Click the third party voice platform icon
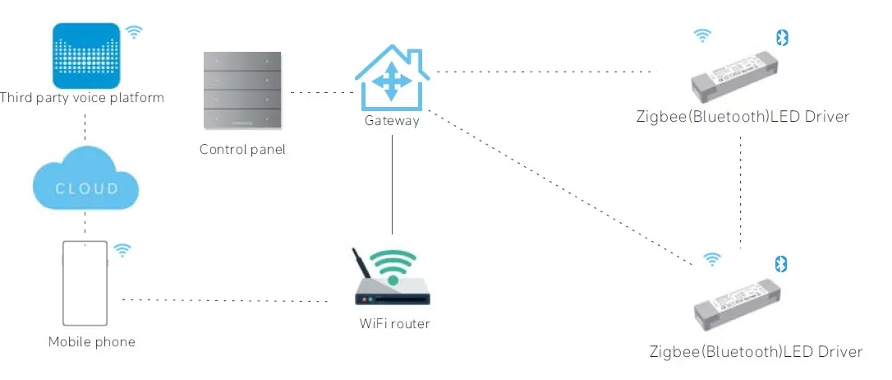[86, 55]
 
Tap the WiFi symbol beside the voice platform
[134, 32]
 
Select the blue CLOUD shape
[86, 183]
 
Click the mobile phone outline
[85, 283]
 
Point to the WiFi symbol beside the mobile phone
[122, 250]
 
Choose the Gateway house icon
[392, 77]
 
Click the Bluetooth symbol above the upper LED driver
[782, 37]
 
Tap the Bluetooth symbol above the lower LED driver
[783, 263]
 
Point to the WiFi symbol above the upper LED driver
[702, 35]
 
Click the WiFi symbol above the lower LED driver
[712, 260]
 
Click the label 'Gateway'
[392, 121]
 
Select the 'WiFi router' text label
[394, 323]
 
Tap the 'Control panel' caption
[242, 150]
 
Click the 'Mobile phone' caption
[91, 342]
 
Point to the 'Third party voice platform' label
[82, 98]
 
